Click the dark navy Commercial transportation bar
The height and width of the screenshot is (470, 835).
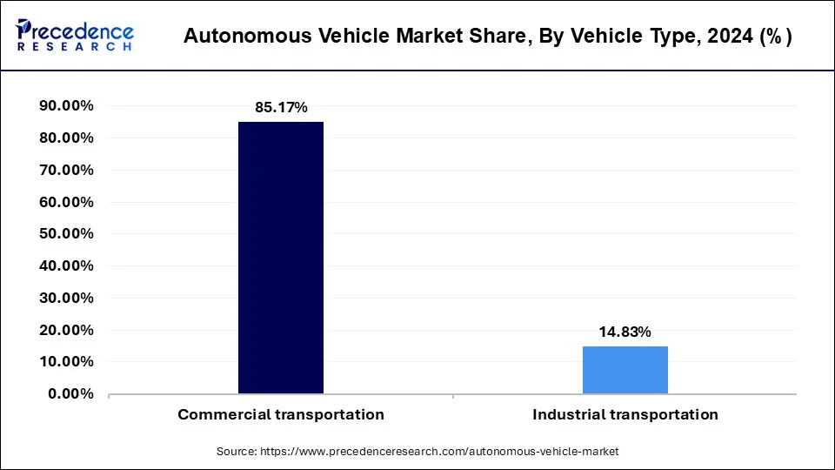pos(280,258)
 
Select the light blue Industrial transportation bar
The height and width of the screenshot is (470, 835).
pos(625,370)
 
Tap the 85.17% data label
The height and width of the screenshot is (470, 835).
pos(280,108)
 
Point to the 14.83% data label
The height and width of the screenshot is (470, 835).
pos(625,332)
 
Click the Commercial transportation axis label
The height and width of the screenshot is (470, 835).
pos(280,414)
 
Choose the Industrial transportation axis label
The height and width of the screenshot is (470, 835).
pos(625,414)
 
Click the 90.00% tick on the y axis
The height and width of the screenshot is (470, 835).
pos(66,106)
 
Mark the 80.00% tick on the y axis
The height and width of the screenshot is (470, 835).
pos(66,138)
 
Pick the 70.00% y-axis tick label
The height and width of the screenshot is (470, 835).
pos(66,171)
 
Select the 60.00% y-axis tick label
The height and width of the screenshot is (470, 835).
pos(66,202)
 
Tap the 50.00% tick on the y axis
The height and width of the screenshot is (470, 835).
pos(66,234)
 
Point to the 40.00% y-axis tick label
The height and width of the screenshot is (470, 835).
pos(66,266)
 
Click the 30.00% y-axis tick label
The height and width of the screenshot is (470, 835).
pos(66,298)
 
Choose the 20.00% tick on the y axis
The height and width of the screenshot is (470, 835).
pos(66,330)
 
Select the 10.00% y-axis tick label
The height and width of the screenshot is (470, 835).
pos(66,361)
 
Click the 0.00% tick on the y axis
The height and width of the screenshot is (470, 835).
pos(70,393)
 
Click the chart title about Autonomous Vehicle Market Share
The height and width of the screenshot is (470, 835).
pos(487,37)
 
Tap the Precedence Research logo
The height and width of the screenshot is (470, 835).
pos(75,35)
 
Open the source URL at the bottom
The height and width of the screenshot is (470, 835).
pos(417,452)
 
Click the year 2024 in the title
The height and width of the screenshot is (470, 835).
pos(729,37)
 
